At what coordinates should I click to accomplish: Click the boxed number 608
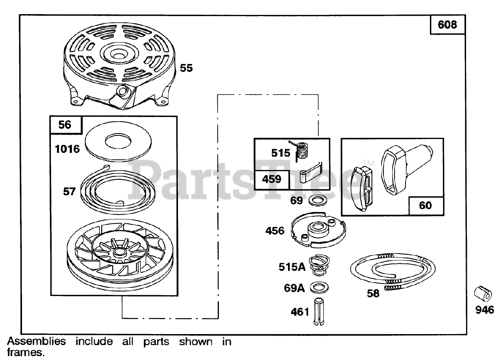(448, 25)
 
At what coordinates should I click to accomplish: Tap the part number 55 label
(186, 68)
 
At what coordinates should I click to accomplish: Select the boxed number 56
(65, 125)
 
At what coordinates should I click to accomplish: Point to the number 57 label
(70, 192)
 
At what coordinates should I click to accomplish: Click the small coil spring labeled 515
(302, 150)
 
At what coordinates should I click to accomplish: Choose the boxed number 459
(272, 179)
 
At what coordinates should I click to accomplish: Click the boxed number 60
(425, 205)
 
